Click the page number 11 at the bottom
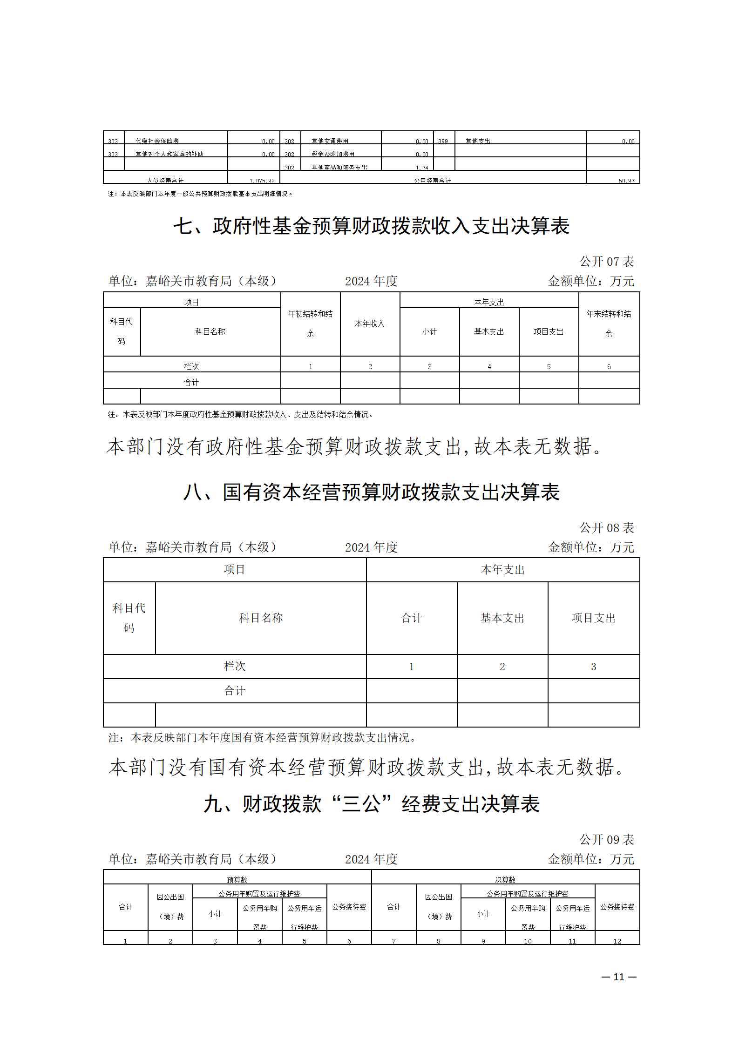pyautogui.click(x=618, y=977)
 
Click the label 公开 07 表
pyautogui.click(x=606, y=262)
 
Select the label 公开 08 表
pyautogui.click(x=606, y=528)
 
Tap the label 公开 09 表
pyautogui.click(x=606, y=840)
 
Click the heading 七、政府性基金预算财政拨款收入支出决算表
pyautogui.click(x=371, y=226)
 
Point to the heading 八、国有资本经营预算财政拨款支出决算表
pyautogui.click(x=371, y=492)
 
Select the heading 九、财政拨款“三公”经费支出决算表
pyautogui.click(x=371, y=804)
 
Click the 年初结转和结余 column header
pyautogui.click(x=310, y=324)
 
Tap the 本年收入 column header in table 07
pyautogui.click(x=370, y=324)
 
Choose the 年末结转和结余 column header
pyautogui.click(x=609, y=324)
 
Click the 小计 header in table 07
pyautogui.click(x=429, y=331)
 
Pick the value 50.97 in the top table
pyautogui.click(x=626, y=181)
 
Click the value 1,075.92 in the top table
pyautogui.click(x=262, y=181)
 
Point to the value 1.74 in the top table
pyautogui.click(x=422, y=168)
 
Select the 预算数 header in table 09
pyautogui.click(x=237, y=880)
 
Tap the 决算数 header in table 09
pyautogui.click(x=505, y=880)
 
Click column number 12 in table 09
pyautogui.click(x=617, y=941)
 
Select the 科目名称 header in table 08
pyautogui.click(x=261, y=618)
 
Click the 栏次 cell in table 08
pyautogui.click(x=234, y=667)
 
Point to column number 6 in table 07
pyautogui.click(x=609, y=367)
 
